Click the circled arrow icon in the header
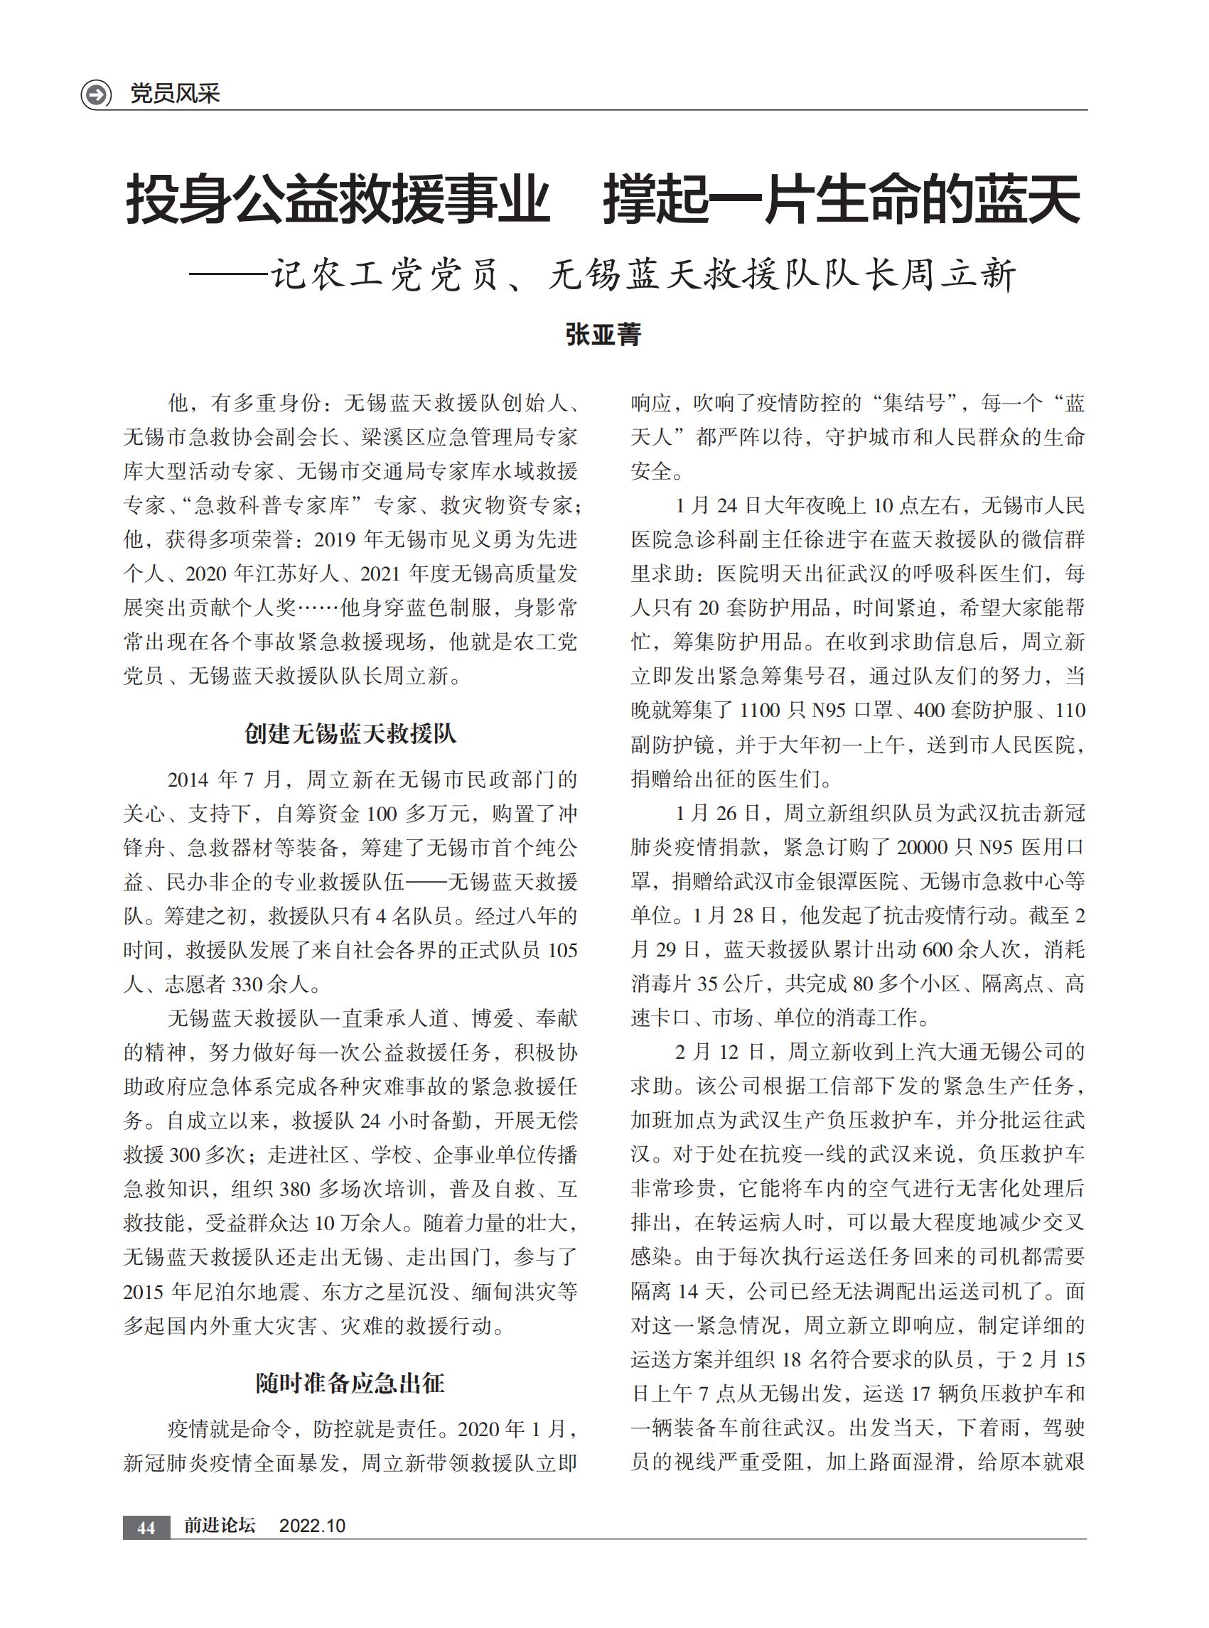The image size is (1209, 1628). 96,95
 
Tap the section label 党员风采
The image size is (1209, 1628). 175,94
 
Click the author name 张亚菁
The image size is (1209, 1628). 603,335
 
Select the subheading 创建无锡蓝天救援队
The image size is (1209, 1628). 350,733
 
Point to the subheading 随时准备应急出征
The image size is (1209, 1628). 350,1383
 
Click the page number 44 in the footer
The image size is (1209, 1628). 146,1528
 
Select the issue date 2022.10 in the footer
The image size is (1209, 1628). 312,1526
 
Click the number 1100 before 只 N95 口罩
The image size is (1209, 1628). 765,711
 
